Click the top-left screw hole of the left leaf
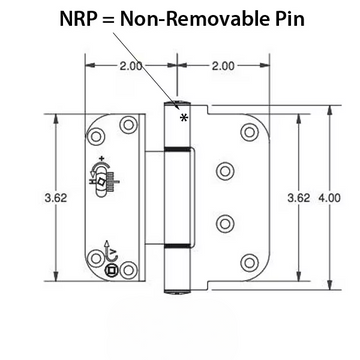click(x=97, y=134)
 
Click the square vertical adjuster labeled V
click(x=111, y=267)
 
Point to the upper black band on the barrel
click(x=175, y=148)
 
